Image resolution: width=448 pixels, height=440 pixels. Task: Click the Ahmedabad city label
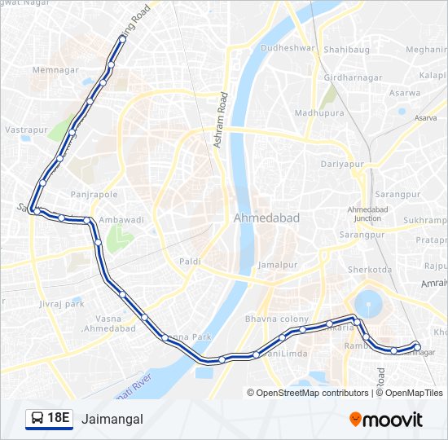[x=266, y=218]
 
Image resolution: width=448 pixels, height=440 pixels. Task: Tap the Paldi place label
[x=190, y=261]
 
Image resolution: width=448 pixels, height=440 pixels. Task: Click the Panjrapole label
[x=94, y=195]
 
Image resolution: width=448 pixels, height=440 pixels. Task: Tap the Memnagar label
[x=54, y=70]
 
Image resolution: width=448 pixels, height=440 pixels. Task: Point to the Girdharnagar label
[x=353, y=77]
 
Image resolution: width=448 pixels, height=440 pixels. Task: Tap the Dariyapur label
[x=340, y=164]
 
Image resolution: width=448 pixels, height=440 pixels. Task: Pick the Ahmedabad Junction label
[x=364, y=213]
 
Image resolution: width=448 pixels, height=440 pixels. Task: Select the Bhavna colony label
[x=277, y=318]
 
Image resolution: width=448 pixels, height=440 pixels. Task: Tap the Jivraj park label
[x=61, y=303]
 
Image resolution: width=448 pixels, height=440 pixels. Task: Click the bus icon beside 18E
[x=37, y=419]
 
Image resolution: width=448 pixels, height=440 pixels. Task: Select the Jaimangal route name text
[x=112, y=420]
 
